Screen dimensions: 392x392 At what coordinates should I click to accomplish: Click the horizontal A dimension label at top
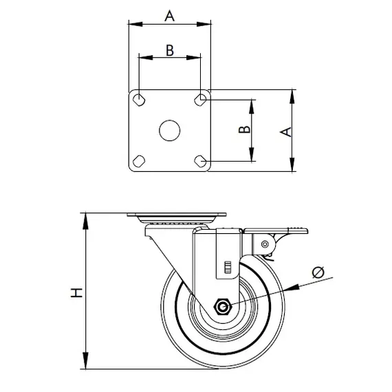(x=169, y=16)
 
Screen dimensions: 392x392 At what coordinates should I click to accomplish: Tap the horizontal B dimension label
(x=170, y=50)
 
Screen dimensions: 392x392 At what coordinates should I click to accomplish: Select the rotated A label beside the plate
(x=286, y=132)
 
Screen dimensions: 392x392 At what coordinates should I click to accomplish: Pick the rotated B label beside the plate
(x=245, y=129)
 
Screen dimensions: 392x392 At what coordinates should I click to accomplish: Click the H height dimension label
(x=76, y=292)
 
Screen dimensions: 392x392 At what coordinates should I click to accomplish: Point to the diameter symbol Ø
(x=318, y=272)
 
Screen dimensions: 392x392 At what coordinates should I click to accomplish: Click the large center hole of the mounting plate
(x=169, y=130)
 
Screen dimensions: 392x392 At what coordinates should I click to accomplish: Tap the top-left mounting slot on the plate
(x=139, y=100)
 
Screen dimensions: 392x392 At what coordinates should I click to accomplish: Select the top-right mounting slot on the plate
(x=200, y=100)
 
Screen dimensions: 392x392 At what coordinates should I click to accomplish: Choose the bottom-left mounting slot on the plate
(x=139, y=161)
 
